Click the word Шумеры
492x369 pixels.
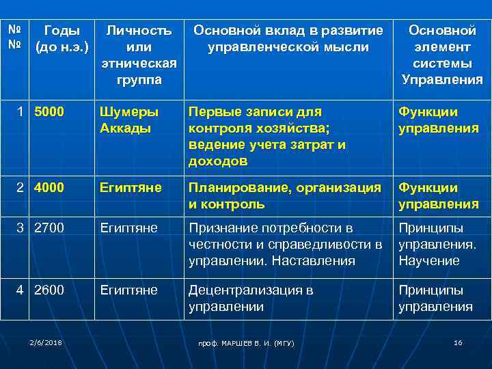(x=128, y=112)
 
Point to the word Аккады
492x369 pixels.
(x=125, y=128)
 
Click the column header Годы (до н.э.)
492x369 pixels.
(x=61, y=40)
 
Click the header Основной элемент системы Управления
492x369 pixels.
(x=441, y=55)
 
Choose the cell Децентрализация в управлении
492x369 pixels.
(x=251, y=298)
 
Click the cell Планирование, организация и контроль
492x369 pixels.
(x=284, y=196)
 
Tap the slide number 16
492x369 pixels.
(x=458, y=342)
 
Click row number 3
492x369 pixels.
(x=20, y=228)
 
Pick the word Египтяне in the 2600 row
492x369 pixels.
(x=128, y=290)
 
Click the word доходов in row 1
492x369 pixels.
(x=218, y=161)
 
